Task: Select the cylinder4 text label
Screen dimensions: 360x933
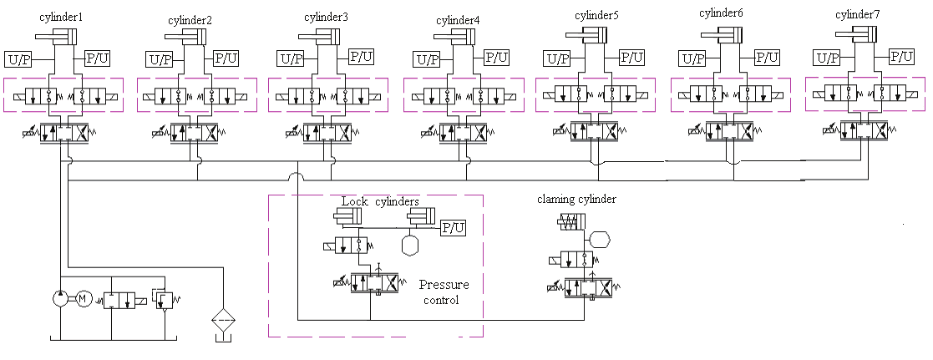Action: coord(457,20)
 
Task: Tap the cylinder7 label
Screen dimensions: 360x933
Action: coord(858,15)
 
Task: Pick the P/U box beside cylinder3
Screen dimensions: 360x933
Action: coord(361,58)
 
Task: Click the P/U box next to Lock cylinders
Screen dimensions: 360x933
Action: coord(453,228)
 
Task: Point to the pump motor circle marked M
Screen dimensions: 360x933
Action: coord(82,299)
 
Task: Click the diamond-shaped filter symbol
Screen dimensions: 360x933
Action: coord(223,320)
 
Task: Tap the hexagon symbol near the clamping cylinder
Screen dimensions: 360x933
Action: coord(601,240)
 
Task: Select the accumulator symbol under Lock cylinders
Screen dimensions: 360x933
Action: coord(410,245)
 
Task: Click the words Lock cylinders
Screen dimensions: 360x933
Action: coord(380,201)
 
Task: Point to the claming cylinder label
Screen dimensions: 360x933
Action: coord(577,200)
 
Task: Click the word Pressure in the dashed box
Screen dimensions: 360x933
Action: coord(444,285)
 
